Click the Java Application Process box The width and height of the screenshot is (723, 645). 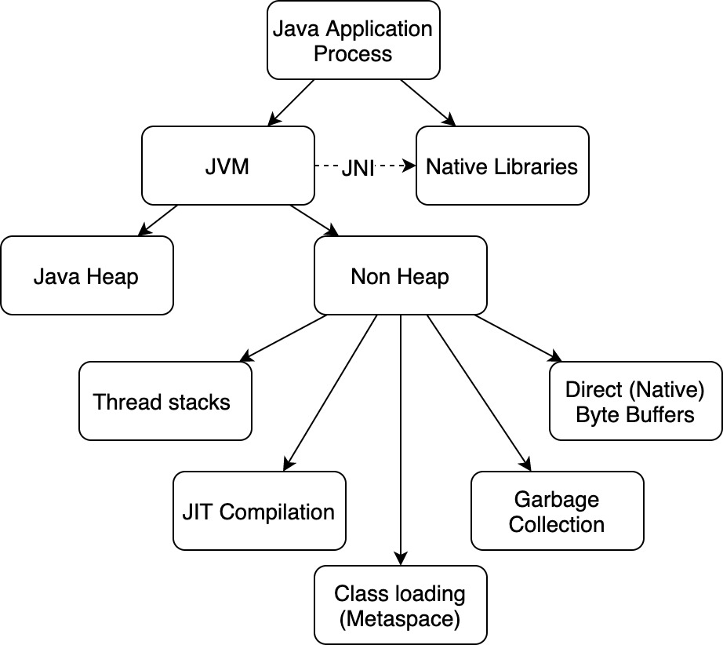click(352, 41)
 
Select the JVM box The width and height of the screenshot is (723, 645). click(227, 166)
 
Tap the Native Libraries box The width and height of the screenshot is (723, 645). click(502, 166)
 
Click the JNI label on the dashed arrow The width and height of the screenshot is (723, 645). click(358, 168)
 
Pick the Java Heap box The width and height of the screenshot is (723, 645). click(86, 275)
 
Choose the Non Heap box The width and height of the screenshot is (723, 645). click(400, 275)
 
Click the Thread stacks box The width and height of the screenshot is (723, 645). click(165, 401)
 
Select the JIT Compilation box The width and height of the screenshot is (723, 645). click(259, 511)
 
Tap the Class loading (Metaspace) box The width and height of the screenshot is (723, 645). click(400, 605)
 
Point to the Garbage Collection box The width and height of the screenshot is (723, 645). click(557, 511)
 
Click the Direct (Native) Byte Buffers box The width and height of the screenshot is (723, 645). click(635, 401)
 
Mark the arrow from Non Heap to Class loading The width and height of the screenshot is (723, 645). click(401, 439)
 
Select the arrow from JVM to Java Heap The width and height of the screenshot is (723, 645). click(158, 220)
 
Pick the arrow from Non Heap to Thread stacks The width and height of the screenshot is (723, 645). click(282, 337)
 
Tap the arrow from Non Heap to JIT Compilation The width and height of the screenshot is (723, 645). click(329, 392)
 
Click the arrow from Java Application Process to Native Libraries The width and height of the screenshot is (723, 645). click(428, 102)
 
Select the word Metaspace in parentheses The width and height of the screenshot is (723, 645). click(400, 618)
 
